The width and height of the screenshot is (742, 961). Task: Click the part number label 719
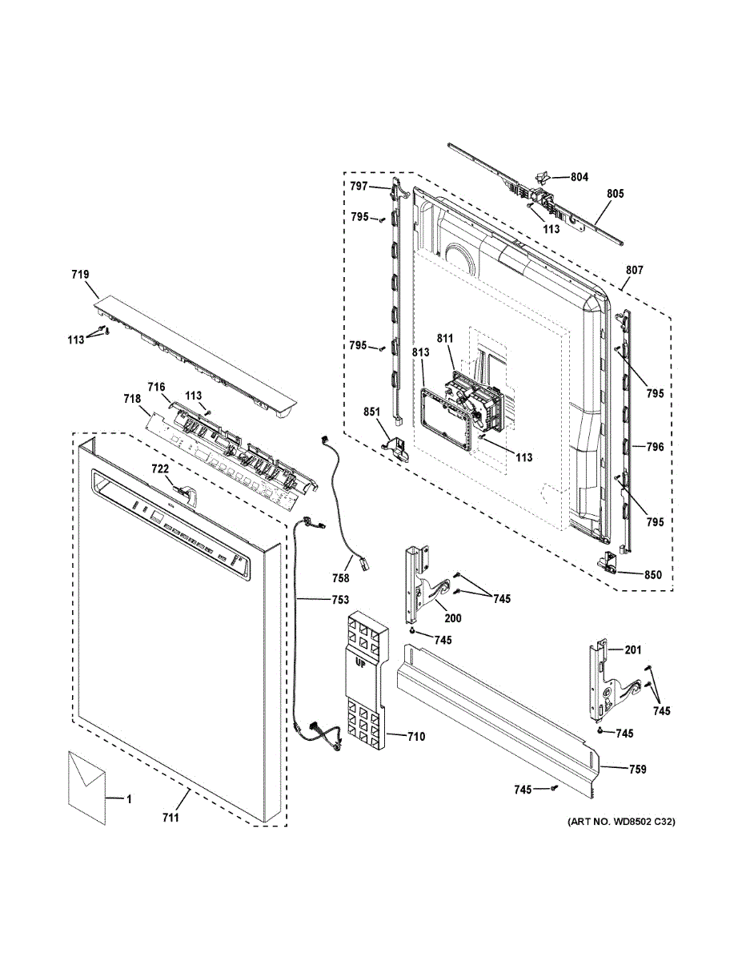coord(79,275)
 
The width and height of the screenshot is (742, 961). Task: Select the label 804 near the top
coord(579,177)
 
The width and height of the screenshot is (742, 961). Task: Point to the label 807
coord(634,271)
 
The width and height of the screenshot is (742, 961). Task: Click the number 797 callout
coord(359,187)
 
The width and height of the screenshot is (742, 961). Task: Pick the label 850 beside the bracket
coord(654,574)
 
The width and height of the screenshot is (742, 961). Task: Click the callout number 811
coord(445,340)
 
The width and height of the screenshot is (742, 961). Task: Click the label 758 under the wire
coord(341,578)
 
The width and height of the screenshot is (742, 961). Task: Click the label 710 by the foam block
coord(415,737)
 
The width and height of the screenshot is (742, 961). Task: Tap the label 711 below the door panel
coord(170,818)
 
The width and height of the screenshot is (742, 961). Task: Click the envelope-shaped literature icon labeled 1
coord(86,786)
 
